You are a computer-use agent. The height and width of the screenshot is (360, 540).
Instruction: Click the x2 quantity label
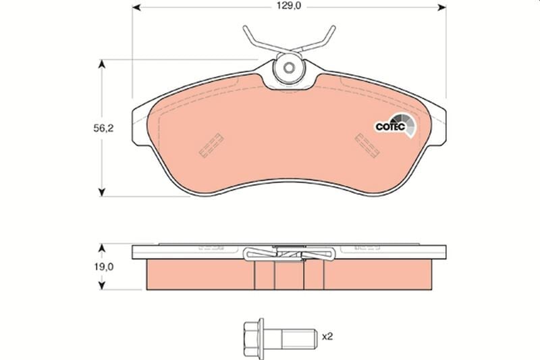[329, 336]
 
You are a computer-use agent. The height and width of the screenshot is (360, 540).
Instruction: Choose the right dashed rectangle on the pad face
[369, 144]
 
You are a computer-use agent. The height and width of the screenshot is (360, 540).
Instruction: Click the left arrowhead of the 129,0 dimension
[135, 9]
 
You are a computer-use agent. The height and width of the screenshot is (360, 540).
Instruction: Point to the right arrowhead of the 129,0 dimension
[443, 9]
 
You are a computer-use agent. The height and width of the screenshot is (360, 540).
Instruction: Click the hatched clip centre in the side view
[290, 254]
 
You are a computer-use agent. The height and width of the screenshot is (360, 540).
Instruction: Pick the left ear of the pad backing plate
[140, 125]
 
